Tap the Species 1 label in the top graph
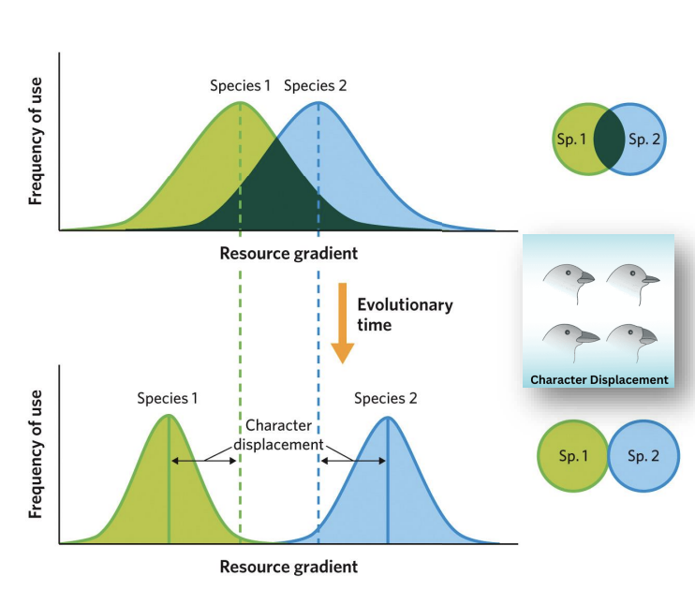tap(240, 86)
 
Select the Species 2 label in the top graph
tap(315, 86)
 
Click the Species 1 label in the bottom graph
tap(168, 397)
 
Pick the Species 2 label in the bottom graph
tap(385, 397)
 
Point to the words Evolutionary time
tap(404, 314)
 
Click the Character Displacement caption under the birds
tap(599, 379)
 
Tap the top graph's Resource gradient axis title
tap(288, 253)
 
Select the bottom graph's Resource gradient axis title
tap(288, 566)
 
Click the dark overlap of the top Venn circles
tap(610, 140)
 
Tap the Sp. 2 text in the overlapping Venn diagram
tap(643, 140)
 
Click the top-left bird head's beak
tap(586, 278)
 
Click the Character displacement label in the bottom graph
tap(278, 435)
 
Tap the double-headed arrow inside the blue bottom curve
tap(352, 460)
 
